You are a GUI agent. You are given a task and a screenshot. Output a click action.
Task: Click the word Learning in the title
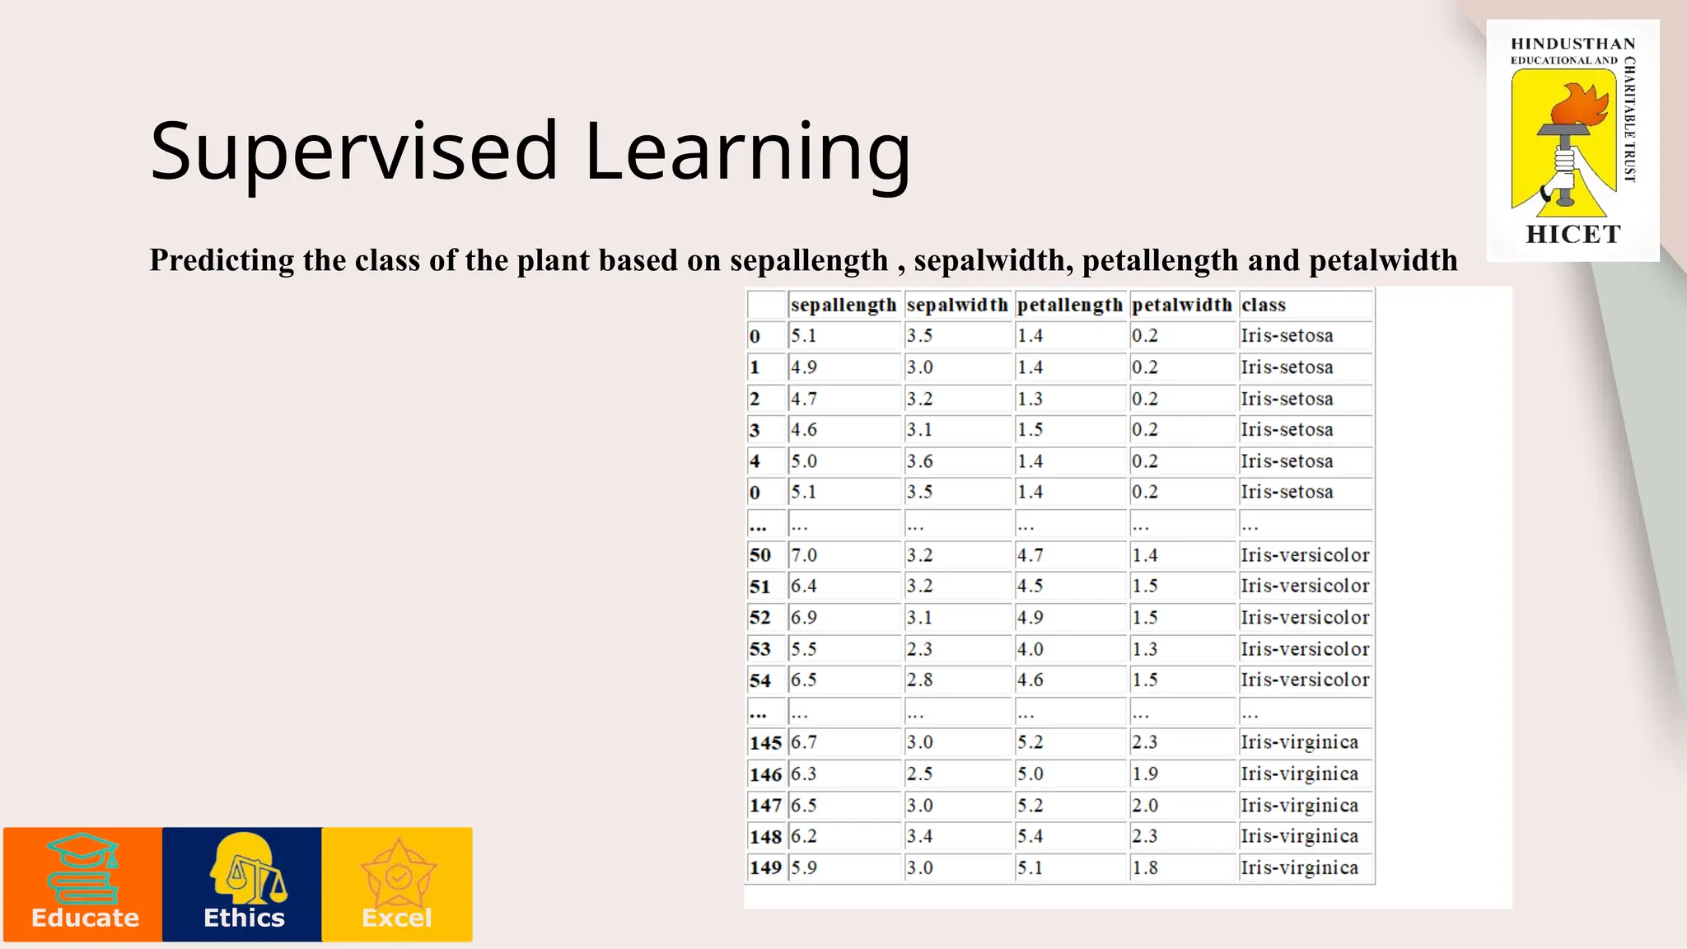(747, 152)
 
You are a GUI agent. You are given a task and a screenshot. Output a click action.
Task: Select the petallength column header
(1069, 305)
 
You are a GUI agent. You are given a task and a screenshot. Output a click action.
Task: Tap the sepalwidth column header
(957, 305)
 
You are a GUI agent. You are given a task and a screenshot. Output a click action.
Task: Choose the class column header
(1264, 305)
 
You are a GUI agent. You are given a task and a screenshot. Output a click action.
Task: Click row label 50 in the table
(760, 555)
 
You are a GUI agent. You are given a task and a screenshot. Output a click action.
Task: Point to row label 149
(765, 867)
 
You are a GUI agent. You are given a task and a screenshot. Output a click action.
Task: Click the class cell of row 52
(1305, 617)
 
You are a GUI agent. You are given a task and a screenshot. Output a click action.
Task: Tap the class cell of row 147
(1299, 805)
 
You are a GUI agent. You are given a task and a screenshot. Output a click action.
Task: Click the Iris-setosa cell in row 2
(1287, 399)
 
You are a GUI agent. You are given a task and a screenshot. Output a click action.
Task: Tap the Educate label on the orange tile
(85, 918)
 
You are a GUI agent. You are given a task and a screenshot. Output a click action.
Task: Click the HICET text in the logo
(1573, 235)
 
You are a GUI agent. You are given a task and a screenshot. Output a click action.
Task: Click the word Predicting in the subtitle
(222, 260)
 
